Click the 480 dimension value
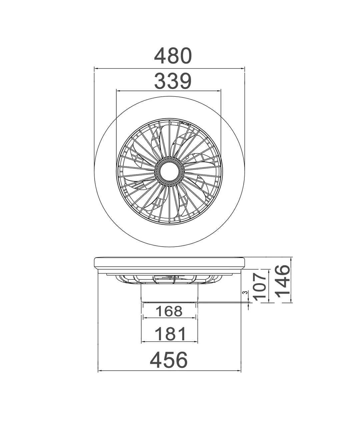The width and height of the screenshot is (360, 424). [173, 56]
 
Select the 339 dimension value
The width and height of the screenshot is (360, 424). [173, 81]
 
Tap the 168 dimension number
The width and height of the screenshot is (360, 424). [169, 311]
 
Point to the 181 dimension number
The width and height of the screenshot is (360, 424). [170, 334]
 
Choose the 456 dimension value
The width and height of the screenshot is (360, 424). [169, 360]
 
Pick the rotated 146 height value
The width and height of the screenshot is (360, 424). [283, 280]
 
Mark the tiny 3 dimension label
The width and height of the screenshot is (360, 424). [245, 293]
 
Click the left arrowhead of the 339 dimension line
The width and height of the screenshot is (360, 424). [118, 90]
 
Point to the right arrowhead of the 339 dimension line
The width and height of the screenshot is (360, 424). [219, 90]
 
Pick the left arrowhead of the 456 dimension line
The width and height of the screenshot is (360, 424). [100, 371]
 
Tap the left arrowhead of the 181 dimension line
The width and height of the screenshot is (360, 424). [144, 342]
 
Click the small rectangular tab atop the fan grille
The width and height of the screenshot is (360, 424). [184, 123]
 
